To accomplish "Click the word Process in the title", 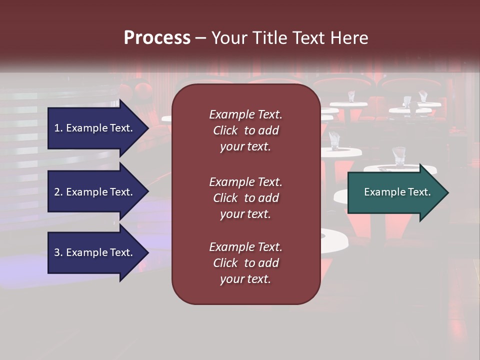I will (x=157, y=38).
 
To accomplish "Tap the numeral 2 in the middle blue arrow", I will (x=57, y=192).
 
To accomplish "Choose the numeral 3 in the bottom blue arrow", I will (x=57, y=252).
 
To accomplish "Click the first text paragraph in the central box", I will (x=245, y=130).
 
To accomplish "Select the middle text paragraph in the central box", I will (x=245, y=198).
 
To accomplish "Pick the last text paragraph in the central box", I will (x=245, y=263).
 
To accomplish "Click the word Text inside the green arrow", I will (x=419, y=192).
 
